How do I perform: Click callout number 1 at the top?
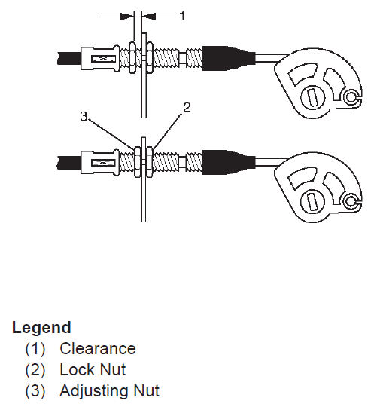tap(182, 16)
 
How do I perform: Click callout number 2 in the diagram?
tap(187, 108)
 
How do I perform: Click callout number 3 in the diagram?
tap(84, 116)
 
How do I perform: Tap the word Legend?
tap(41, 327)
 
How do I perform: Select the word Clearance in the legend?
tap(98, 348)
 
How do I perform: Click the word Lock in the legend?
tap(77, 369)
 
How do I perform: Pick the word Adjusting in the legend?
tap(93, 391)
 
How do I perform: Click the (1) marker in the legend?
tap(35, 349)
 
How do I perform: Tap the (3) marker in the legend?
tap(35, 391)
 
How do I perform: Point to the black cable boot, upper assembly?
tap(228, 58)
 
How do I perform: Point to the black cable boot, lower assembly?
tap(228, 162)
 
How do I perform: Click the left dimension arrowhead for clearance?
tap(127, 17)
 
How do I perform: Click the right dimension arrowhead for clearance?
tap(148, 17)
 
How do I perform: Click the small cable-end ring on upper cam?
tap(351, 97)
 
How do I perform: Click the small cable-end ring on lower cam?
tap(351, 201)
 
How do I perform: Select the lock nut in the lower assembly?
tap(150, 162)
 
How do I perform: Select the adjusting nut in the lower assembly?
tap(138, 162)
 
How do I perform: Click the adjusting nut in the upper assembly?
tap(132, 57)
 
